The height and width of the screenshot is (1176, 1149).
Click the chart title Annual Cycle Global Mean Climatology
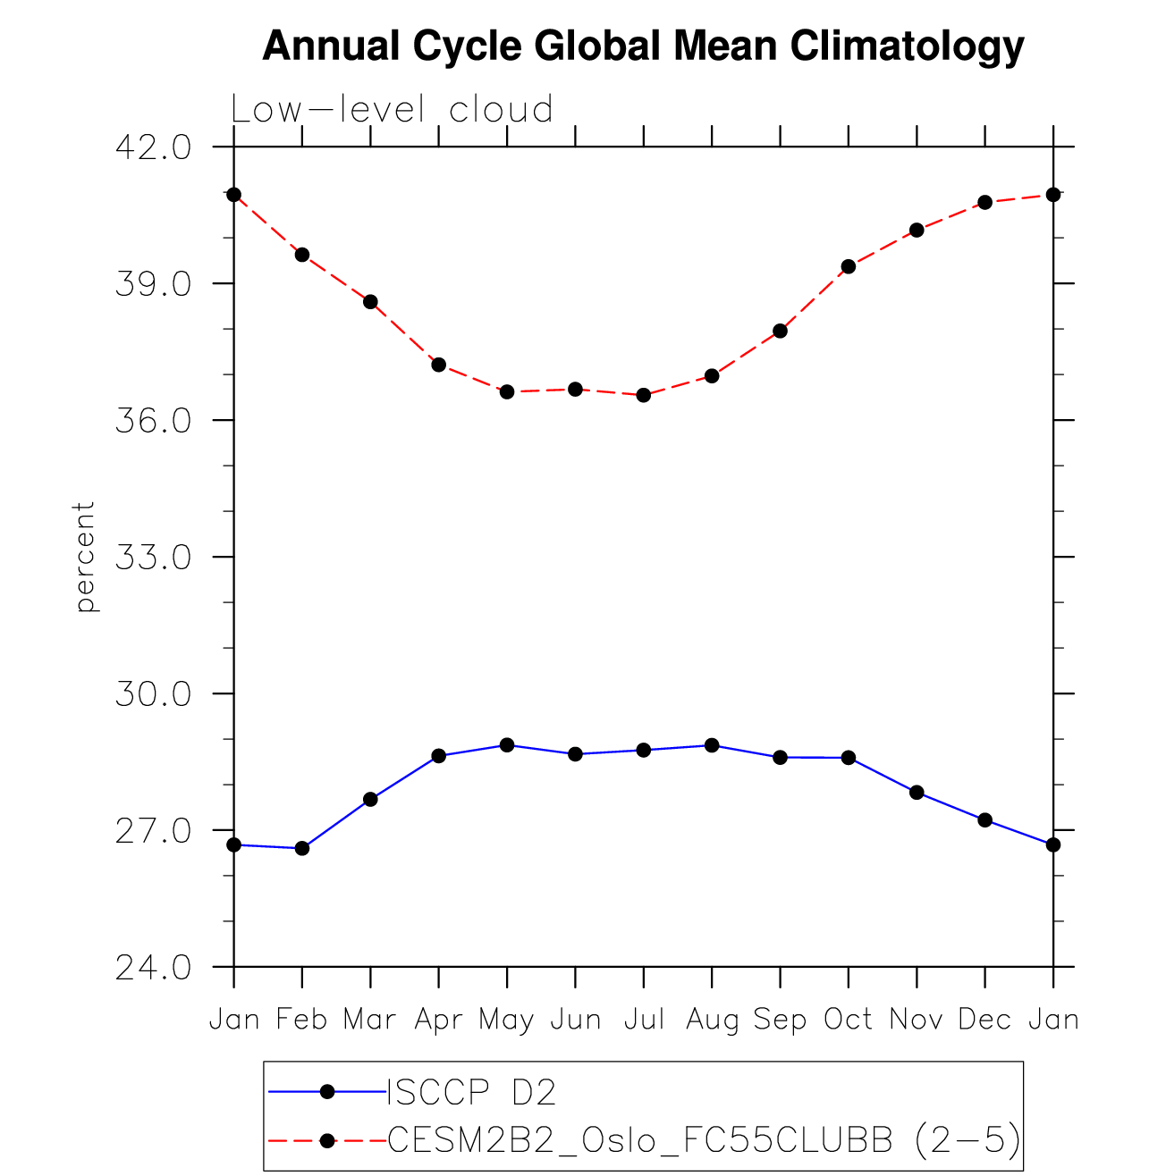point(643,46)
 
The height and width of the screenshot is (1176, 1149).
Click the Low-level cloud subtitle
point(392,110)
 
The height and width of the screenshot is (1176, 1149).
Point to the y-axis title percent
point(85,557)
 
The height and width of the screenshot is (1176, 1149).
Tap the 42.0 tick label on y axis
point(153,147)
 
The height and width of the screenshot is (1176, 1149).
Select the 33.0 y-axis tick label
point(153,558)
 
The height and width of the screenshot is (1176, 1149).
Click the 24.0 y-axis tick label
point(153,968)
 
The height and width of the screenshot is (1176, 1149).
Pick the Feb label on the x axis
point(302,1019)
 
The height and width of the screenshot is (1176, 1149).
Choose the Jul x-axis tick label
point(644,1019)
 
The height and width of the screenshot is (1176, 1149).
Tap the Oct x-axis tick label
point(848,1019)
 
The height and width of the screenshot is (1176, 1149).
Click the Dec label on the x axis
point(984,1019)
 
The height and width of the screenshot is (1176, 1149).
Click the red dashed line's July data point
point(644,395)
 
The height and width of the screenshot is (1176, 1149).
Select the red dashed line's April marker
point(439,365)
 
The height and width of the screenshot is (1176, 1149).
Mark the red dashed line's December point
point(984,202)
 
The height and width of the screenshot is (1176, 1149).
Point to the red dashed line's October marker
point(849,266)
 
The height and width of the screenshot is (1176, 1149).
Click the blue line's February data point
point(302,848)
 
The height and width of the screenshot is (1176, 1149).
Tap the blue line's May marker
point(507,744)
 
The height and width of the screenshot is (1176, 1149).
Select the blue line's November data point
point(917,793)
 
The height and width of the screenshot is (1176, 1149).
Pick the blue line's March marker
point(370,799)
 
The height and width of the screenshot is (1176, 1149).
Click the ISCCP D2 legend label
point(471,1092)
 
